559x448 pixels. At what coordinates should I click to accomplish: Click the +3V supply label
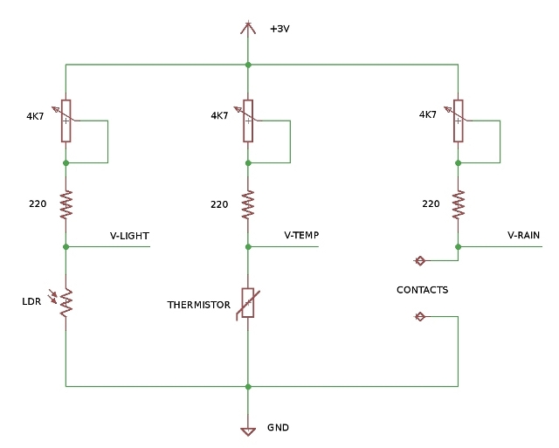279,29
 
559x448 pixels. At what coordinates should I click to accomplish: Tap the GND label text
278,428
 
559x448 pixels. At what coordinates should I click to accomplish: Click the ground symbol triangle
248,430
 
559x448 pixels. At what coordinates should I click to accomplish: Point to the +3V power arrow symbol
248,28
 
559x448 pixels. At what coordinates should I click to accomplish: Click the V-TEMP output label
301,236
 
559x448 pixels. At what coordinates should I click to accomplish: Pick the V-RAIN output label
523,236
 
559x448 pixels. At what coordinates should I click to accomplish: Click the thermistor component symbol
248,302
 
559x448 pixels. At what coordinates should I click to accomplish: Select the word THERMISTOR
198,305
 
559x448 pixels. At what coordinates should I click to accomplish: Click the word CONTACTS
422,290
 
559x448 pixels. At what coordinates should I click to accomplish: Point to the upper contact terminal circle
419,260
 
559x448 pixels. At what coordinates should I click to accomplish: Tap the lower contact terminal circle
419,316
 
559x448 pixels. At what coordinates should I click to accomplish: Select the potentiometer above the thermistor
248,120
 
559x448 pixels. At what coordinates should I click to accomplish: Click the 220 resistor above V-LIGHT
66,204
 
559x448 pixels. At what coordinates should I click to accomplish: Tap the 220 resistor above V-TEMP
248,204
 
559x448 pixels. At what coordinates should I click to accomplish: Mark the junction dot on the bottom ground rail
248,385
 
